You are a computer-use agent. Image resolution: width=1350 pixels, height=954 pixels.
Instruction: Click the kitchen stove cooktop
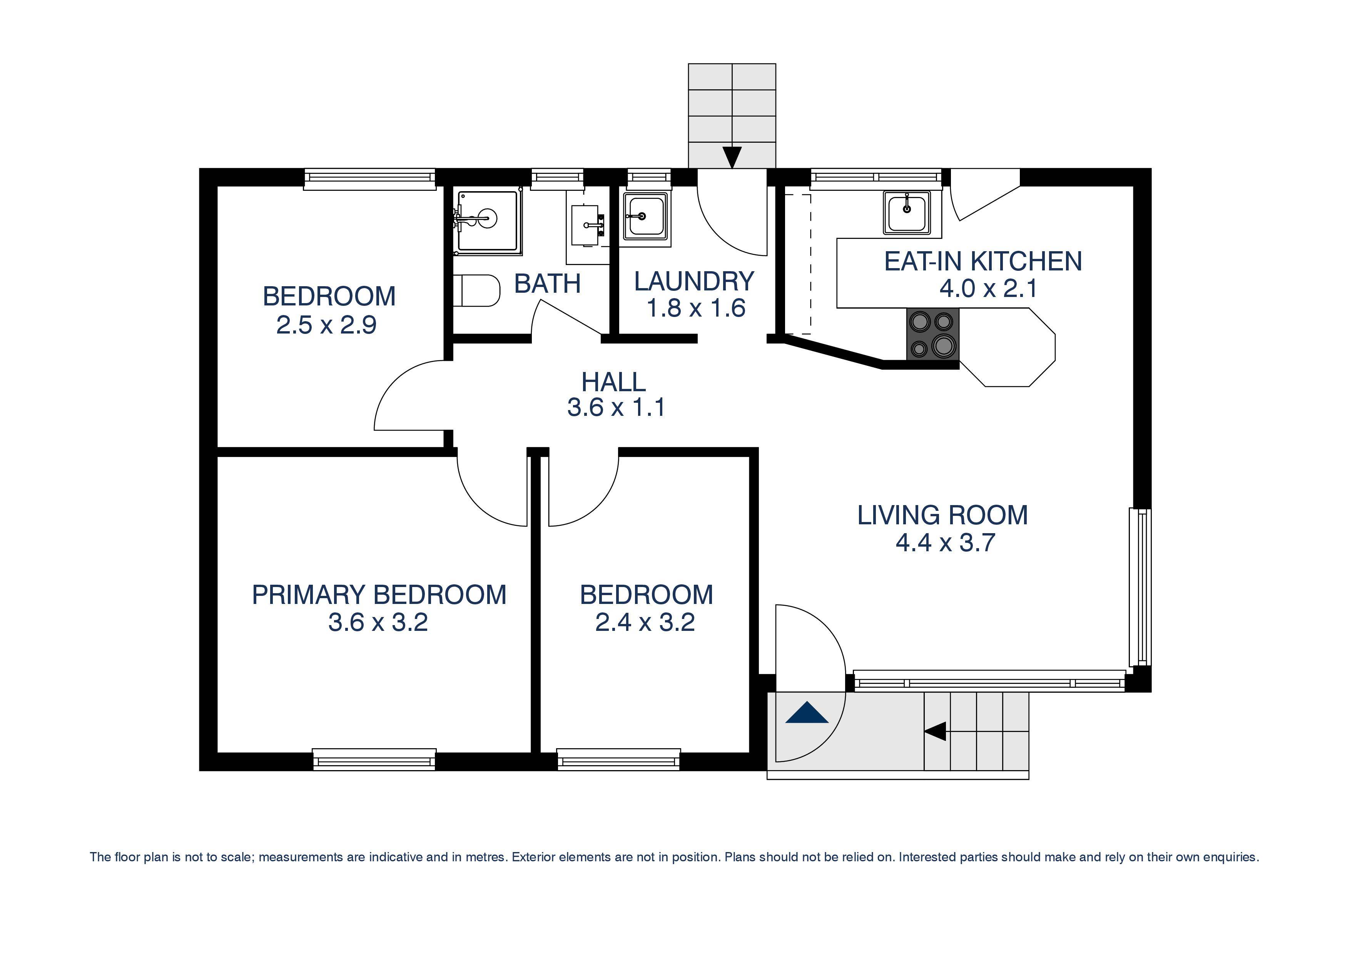tap(932, 334)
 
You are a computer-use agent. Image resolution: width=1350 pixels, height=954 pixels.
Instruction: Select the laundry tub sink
tap(646, 216)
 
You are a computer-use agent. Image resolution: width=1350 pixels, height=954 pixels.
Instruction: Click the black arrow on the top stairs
tap(732, 157)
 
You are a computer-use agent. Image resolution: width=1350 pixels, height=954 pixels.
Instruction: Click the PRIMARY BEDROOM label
tap(379, 595)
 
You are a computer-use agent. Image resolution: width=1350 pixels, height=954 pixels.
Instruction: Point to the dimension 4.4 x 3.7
tap(945, 542)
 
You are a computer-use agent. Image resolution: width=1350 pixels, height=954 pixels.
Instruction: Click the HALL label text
tap(613, 382)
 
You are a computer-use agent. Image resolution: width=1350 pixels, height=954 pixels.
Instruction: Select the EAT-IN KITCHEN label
tap(982, 262)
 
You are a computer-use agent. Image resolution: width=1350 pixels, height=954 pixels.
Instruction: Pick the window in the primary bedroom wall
tap(374, 759)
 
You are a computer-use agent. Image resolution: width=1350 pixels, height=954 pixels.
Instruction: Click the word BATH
tap(547, 284)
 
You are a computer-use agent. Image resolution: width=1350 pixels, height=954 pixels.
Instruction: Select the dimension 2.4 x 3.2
tap(645, 622)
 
